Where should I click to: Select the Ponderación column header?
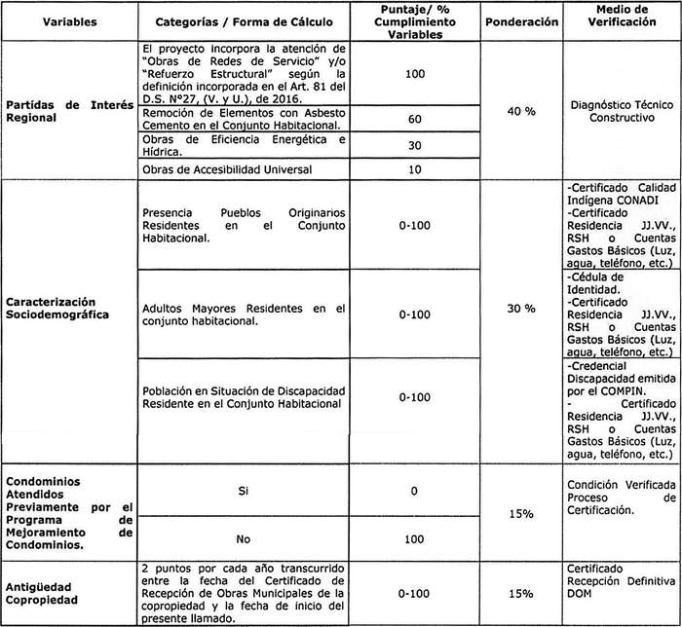pos(521,19)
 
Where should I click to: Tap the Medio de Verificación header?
pos(621,19)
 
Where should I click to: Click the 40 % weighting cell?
pos(522,112)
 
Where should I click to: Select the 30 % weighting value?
pos(522,309)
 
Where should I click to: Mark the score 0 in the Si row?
pos(415,492)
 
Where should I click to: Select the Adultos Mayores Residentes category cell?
pos(244,315)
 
